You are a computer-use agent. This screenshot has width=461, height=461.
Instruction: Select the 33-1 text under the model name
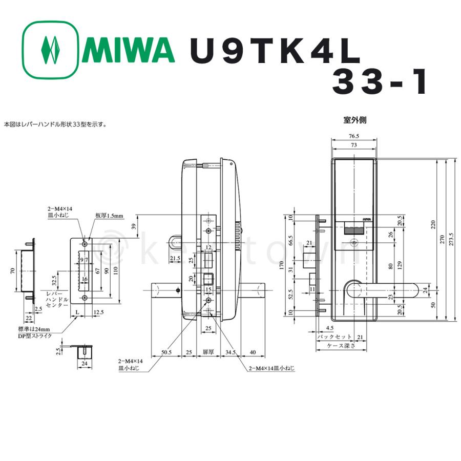tap(379, 82)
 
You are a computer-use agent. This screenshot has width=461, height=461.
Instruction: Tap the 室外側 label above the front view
tap(354, 121)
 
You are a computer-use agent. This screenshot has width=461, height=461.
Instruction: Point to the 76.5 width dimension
tap(354, 137)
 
